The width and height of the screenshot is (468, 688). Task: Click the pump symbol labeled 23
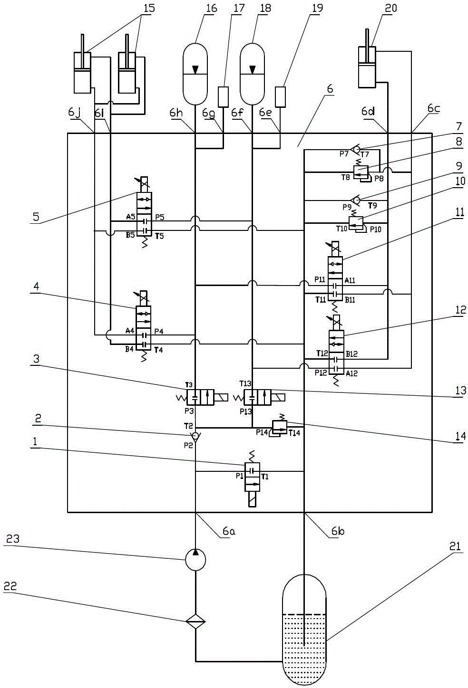pos(195,560)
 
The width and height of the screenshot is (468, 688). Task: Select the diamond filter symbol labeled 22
pos(195,621)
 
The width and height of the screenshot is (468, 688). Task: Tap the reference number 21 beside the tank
pos(455,546)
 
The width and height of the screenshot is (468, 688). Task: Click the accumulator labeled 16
pos(195,74)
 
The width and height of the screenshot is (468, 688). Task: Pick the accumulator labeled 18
pos(252,74)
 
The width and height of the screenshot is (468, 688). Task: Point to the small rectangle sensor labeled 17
pos(223,97)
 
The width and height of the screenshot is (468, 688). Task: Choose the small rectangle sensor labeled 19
pos(280,97)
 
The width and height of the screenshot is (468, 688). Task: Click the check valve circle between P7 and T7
pos(356,150)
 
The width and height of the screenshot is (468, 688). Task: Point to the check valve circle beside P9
pos(357,201)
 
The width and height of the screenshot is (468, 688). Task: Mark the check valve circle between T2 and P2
pos(195,436)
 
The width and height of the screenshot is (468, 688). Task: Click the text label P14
pos(262,432)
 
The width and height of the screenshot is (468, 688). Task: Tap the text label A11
pos(350,280)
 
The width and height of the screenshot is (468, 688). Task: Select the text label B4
pos(129,349)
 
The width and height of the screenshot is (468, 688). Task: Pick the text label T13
pos(245,383)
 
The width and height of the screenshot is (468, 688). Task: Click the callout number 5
pos(36,217)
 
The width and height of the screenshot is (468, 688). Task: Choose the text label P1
pos(240,476)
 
